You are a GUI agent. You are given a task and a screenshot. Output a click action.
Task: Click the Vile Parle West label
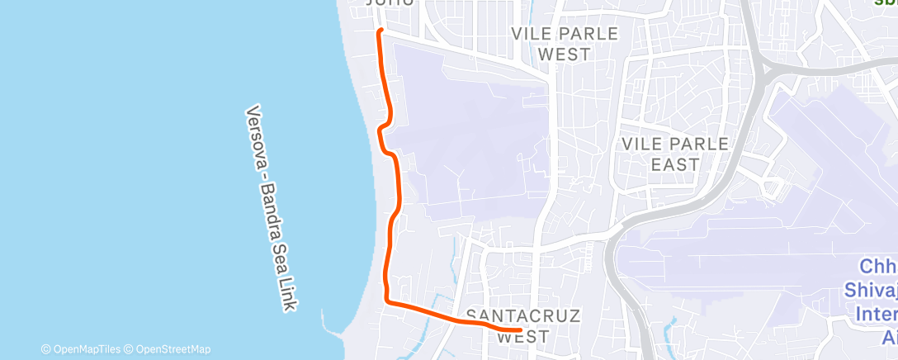click(x=565, y=44)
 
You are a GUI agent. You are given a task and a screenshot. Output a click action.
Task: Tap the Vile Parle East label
click(x=675, y=154)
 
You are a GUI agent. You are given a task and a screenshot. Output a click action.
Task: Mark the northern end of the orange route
click(x=380, y=31)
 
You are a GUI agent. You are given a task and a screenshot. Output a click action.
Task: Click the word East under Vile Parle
click(x=675, y=164)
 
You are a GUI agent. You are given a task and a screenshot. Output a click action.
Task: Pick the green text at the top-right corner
click(x=886, y=3)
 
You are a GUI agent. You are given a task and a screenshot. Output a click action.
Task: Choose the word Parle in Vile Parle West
click(x=589, y=34)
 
